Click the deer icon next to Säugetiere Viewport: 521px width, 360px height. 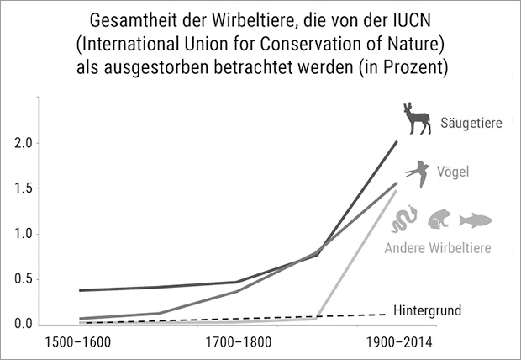[415, 119]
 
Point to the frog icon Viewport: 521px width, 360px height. [439, 220]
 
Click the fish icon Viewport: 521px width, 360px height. [475, 220]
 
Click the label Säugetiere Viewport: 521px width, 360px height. [471, 124]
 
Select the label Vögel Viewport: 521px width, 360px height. [452, 172]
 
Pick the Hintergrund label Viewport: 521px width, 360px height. [427, 310]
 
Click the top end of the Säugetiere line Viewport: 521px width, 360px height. [397, 142]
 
